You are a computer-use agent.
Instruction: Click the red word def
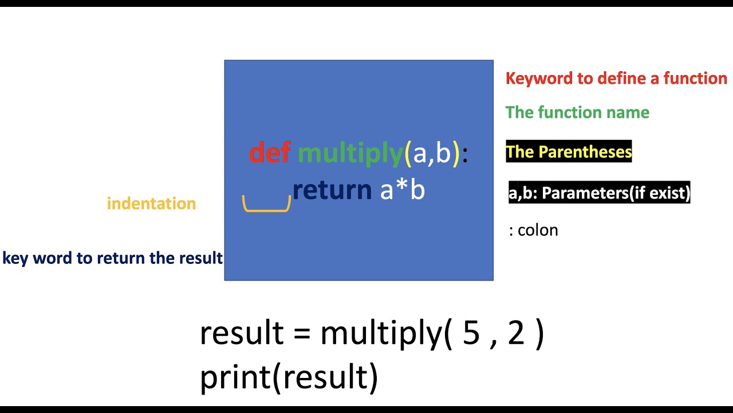coord(269,153)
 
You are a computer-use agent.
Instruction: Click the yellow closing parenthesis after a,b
coord(456,154)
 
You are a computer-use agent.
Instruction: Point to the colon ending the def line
coord(465,155)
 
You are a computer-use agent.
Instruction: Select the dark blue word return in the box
coord(332,190)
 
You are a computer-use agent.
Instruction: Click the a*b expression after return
coord(403,190)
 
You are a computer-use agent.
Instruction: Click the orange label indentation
coord(151,204)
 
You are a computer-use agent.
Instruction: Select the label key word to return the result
coord(112,258)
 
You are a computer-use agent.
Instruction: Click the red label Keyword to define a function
coord(616,79)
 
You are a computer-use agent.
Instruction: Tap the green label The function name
coord(577,112)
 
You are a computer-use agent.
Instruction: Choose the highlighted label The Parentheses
coord(569,151)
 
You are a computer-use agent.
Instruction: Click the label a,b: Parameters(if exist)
coord(600,193)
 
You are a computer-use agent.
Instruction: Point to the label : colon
coord(533,231)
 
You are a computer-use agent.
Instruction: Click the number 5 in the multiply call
coord(471,333)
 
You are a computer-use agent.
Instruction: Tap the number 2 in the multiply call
coord(516,333)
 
